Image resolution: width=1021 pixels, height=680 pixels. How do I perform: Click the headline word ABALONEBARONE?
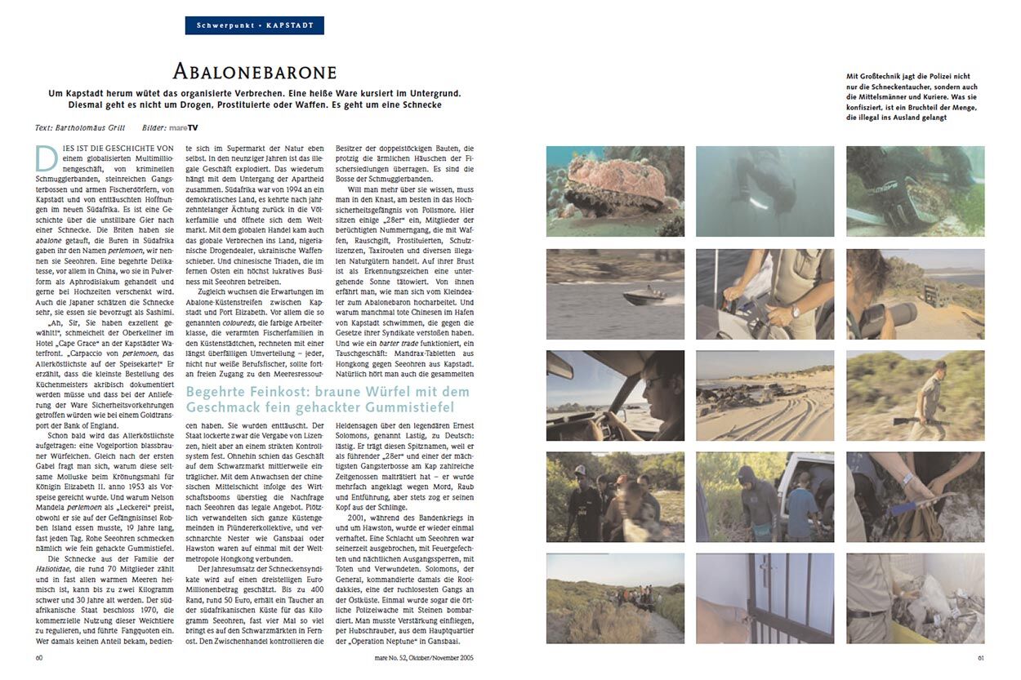tap(255, 72)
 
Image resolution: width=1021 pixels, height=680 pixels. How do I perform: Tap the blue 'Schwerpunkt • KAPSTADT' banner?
tap(255, 25)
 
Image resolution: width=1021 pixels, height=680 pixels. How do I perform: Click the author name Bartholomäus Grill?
tap(92, 127)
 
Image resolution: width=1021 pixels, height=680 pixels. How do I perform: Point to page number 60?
tap(40, 656)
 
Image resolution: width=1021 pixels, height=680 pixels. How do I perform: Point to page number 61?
tap(980, 656)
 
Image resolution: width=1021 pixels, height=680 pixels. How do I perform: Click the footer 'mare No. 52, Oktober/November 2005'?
tap(423, 656)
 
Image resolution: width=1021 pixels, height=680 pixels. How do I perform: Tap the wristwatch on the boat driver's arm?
tap(795, 312)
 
